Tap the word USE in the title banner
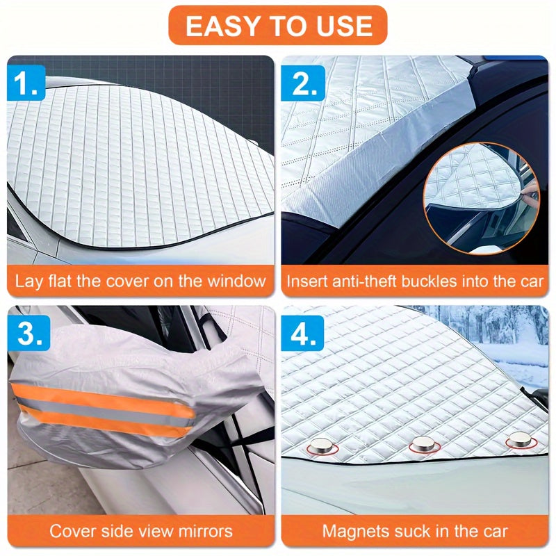tap(344, 26)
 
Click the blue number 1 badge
tap(26, 83)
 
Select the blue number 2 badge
tap(303, 83)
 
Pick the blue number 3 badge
tap(28, 334)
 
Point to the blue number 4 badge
tap(302, 334)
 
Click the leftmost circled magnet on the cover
tap(322, 446)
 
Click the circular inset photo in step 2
tap(482, 199)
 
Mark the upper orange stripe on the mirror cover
tap(103, 399)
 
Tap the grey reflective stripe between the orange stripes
tap(103, 412)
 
